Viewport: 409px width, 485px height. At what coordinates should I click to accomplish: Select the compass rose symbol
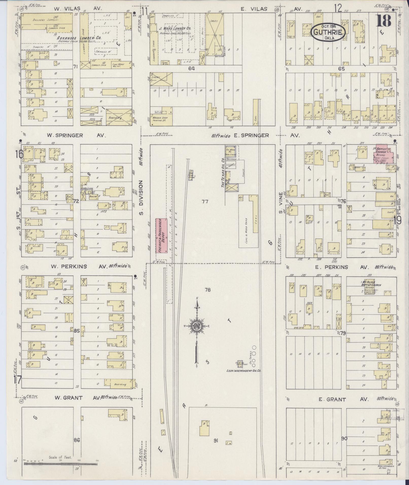[197, 326]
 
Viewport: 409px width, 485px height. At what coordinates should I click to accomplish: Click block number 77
[205, 202]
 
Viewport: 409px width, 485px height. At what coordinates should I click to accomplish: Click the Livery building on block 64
[161, 79]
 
